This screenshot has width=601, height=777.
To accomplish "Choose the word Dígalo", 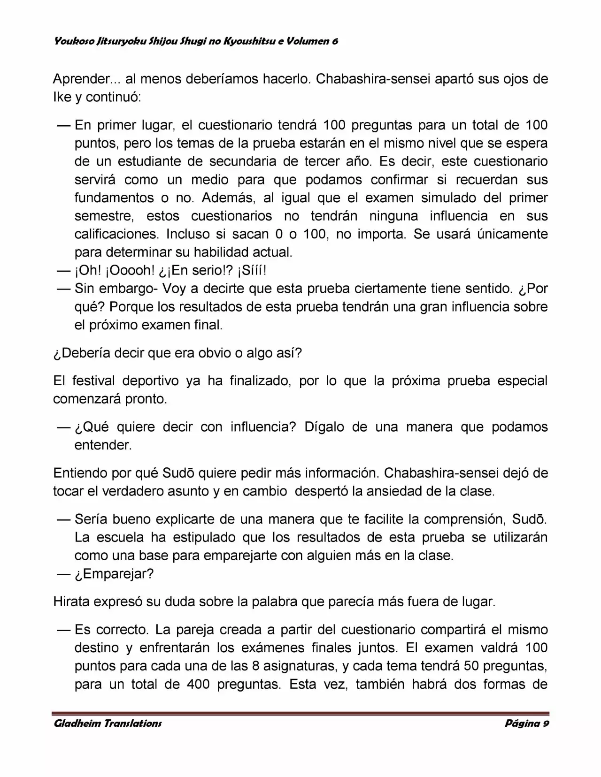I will click(x=326, y=427).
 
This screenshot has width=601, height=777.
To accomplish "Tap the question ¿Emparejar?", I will click(x=114, y=574).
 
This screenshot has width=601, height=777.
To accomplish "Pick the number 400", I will click(x=198, y=684).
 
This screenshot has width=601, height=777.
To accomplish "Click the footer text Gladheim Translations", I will click(x=108, y=723).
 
